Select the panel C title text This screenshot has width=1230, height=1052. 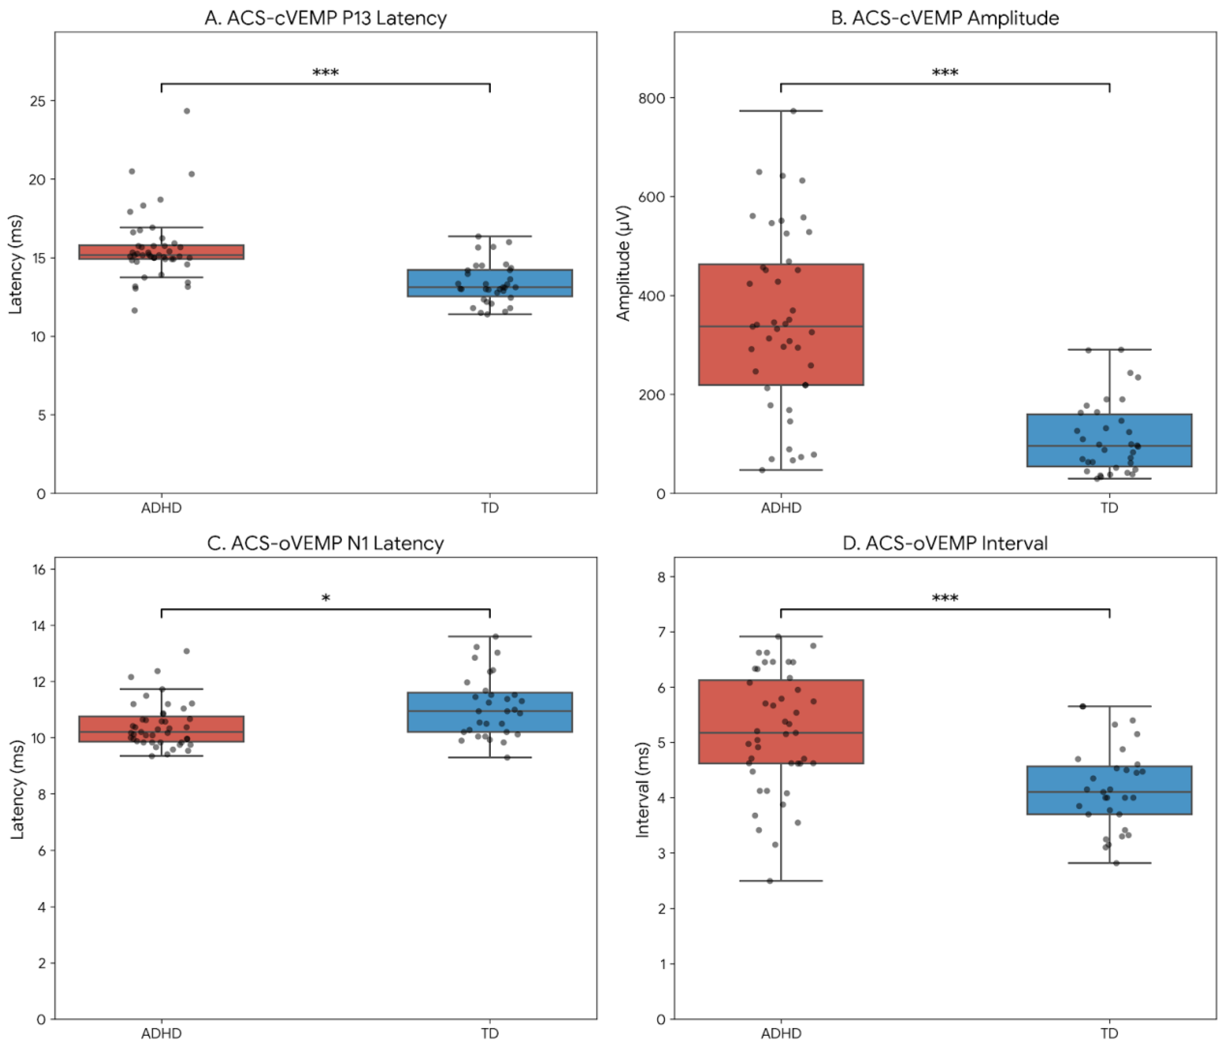pyautogui.click(x=325, y=543)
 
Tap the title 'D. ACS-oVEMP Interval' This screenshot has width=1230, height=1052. pyautogui.click(x=944, y=543)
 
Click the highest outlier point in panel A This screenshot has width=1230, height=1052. pyautogui.click(x=187, y=111)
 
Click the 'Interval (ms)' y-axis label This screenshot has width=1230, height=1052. pyautogui.click(x=642, y=789)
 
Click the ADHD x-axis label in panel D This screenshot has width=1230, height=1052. pyautogui.click(x=781, y=1034)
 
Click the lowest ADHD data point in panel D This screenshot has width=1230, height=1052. pyautogui.click(x=770, y=881)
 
